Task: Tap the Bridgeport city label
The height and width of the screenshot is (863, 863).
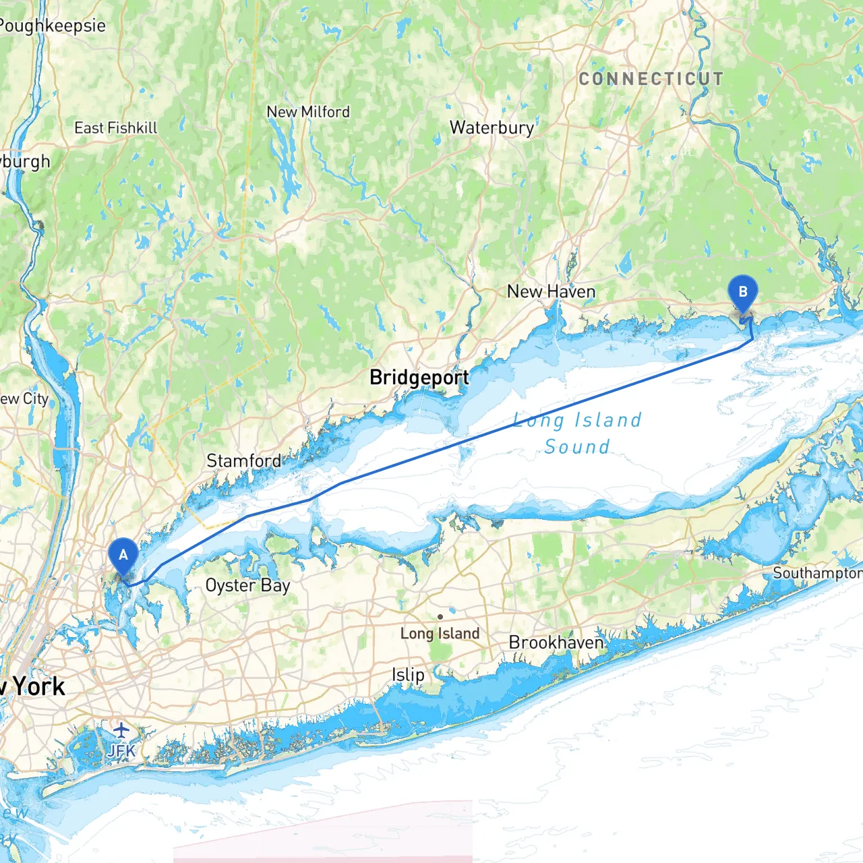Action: click(x=419, y=378)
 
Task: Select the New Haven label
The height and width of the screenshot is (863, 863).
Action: click(x=551, y=292)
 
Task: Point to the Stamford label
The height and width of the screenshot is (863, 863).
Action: click(x=244, y=461)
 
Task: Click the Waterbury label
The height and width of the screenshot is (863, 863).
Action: click(x=492, y=127)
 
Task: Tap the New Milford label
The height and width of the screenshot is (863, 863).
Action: click(x=308, y=112)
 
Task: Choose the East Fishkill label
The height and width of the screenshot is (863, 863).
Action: click(x=116, y=128)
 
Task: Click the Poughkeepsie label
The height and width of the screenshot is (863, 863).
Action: click(x=53, y=26)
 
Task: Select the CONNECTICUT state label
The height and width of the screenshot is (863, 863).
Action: click(x=651, y=80)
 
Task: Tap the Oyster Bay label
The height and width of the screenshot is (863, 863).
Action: click(x=247, y=585)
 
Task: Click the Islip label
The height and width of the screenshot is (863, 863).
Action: click(x=408, y=675)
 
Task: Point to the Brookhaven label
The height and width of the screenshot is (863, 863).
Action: click(x=556, y=643)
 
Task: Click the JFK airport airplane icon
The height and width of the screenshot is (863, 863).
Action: click(x=121, y=730)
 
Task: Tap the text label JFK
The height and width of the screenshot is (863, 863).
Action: click(x=121, y=750)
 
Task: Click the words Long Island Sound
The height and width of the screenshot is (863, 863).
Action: click(x=577, y=433)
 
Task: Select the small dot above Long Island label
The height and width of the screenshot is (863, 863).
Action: click(x=440, y=616)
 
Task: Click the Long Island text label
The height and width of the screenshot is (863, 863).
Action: click(x=440, y=634)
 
